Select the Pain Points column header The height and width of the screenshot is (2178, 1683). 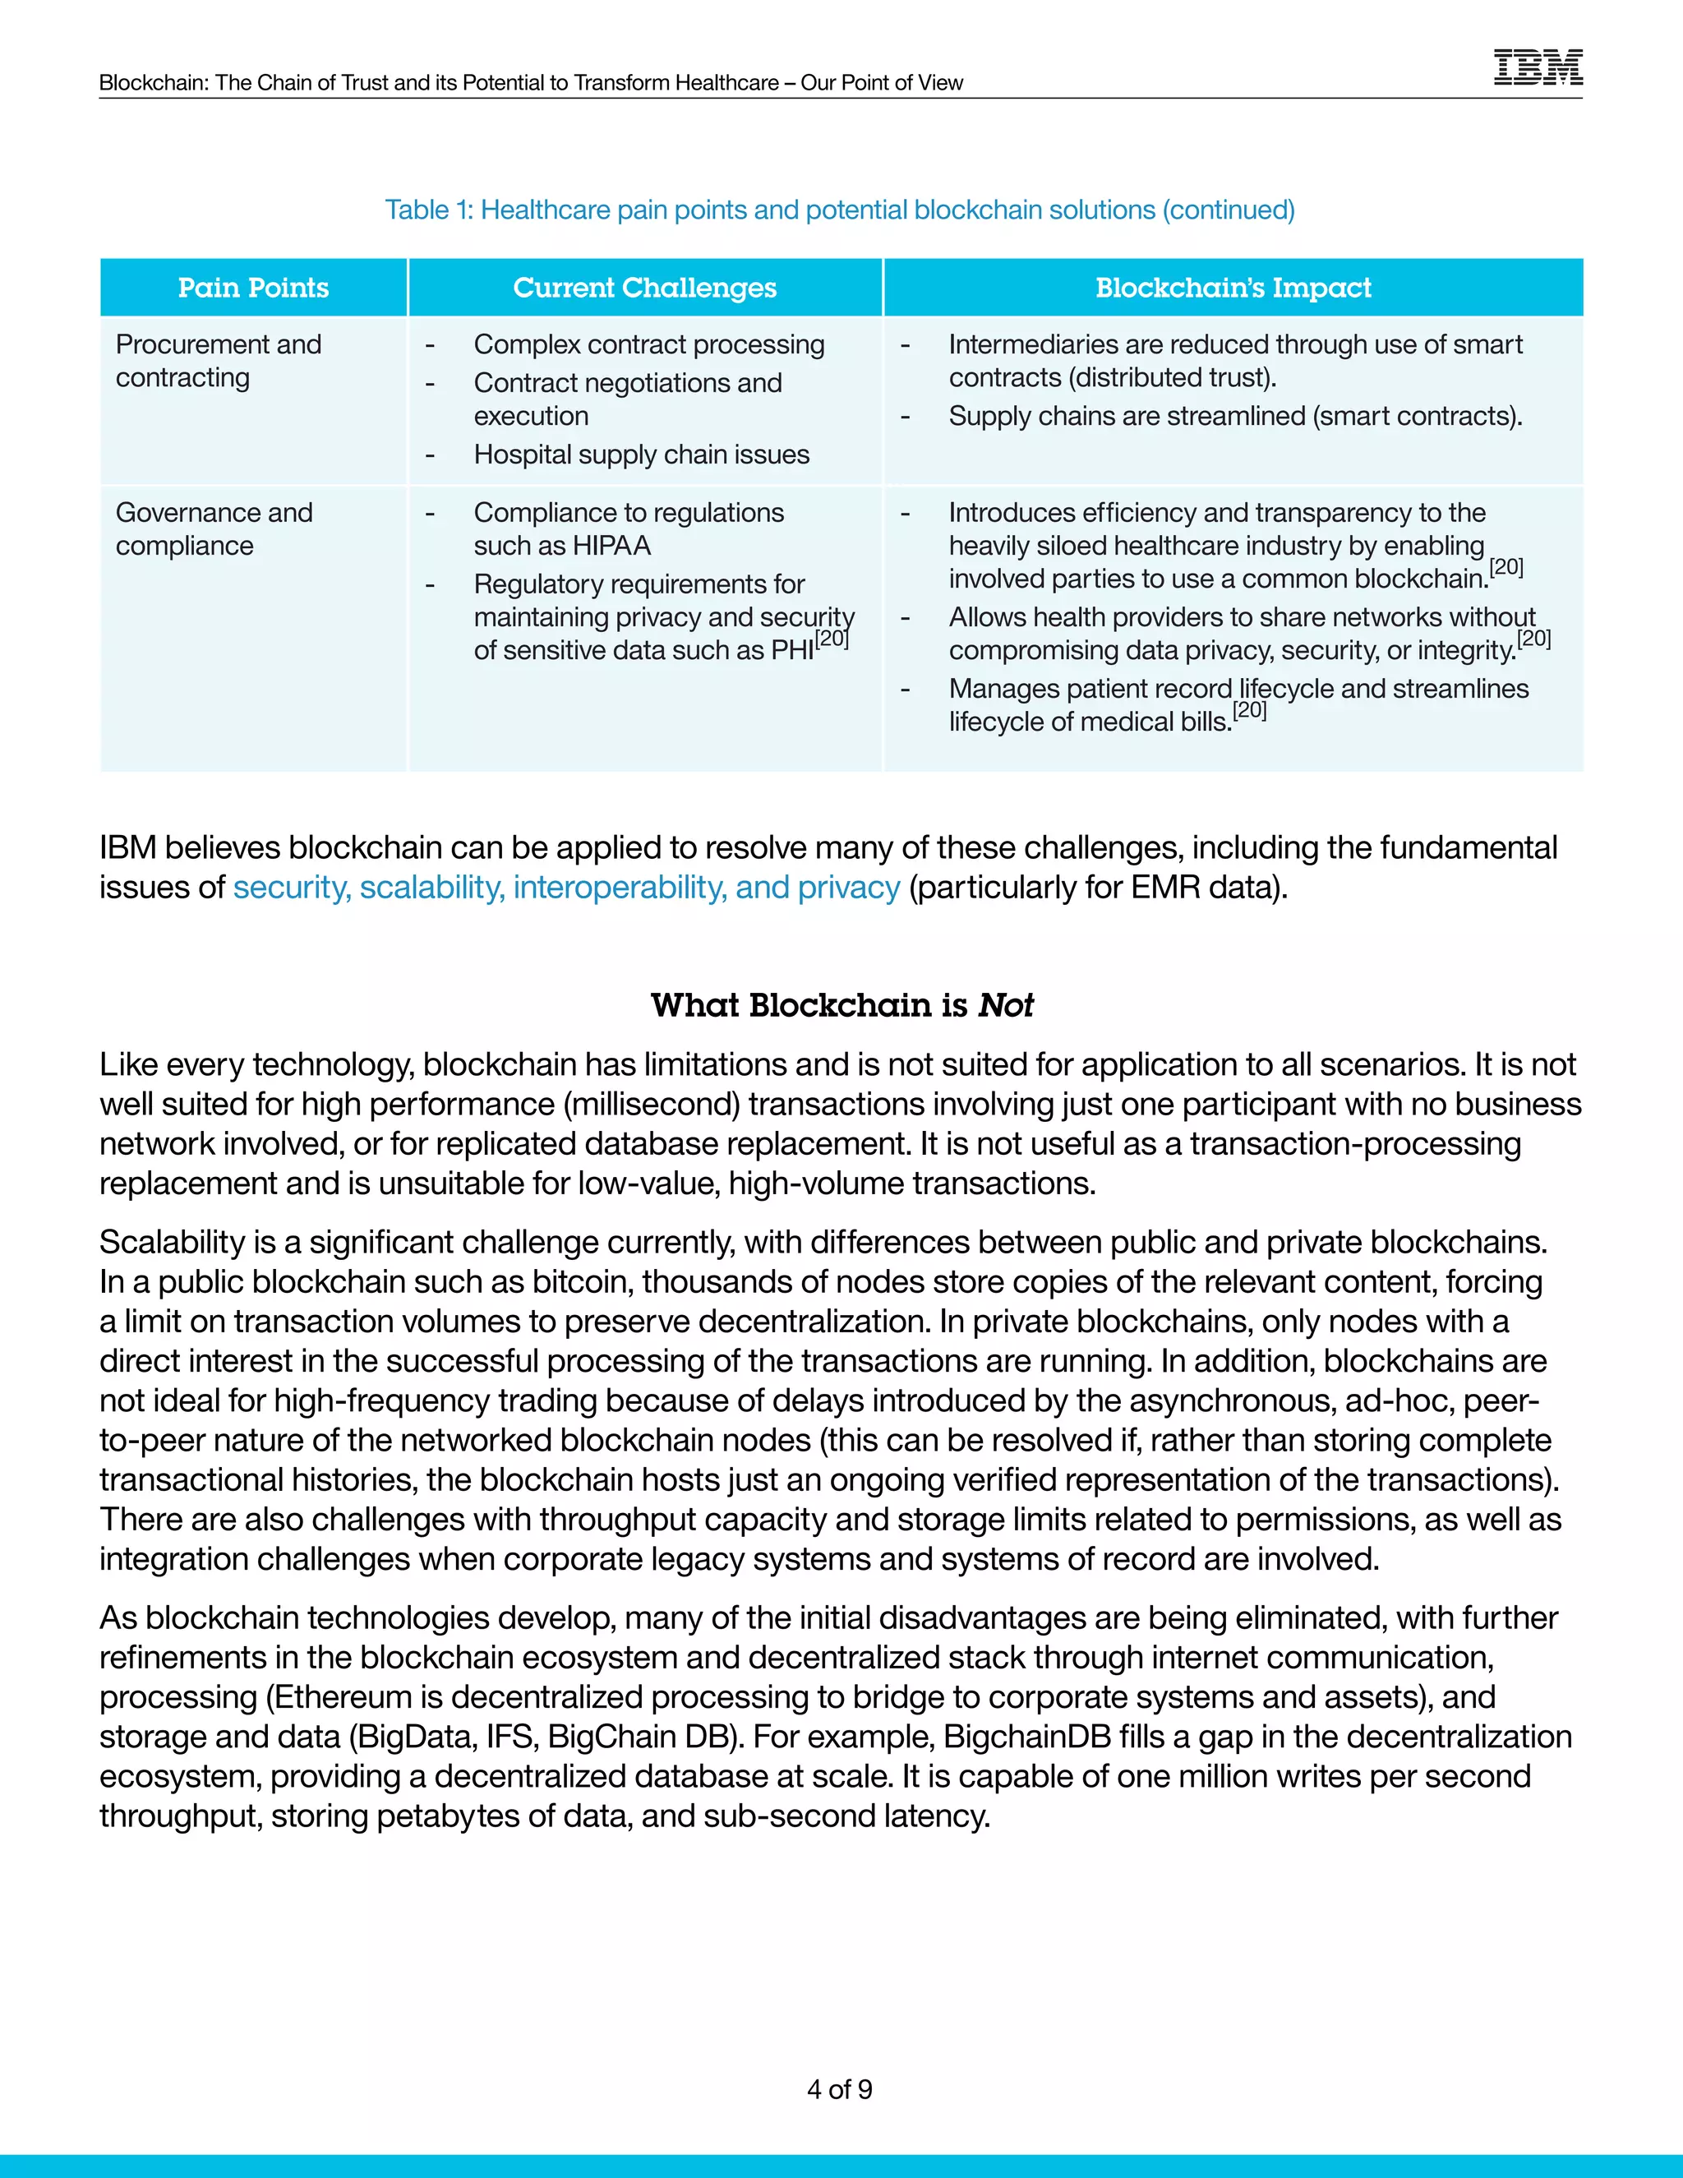253,288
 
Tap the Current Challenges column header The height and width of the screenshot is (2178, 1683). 644,288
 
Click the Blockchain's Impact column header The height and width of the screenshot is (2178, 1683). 1233,288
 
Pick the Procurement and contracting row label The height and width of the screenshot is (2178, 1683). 219,361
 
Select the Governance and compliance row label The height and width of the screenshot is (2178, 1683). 214,528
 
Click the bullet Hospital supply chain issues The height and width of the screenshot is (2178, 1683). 641,455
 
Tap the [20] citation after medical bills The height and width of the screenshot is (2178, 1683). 1249,711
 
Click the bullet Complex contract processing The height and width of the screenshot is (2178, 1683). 649,345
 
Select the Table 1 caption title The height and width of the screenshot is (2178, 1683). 840,210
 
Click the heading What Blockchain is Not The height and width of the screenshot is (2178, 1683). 841,1005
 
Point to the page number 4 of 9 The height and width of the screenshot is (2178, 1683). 840,2089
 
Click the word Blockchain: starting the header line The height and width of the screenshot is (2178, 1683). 154,83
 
